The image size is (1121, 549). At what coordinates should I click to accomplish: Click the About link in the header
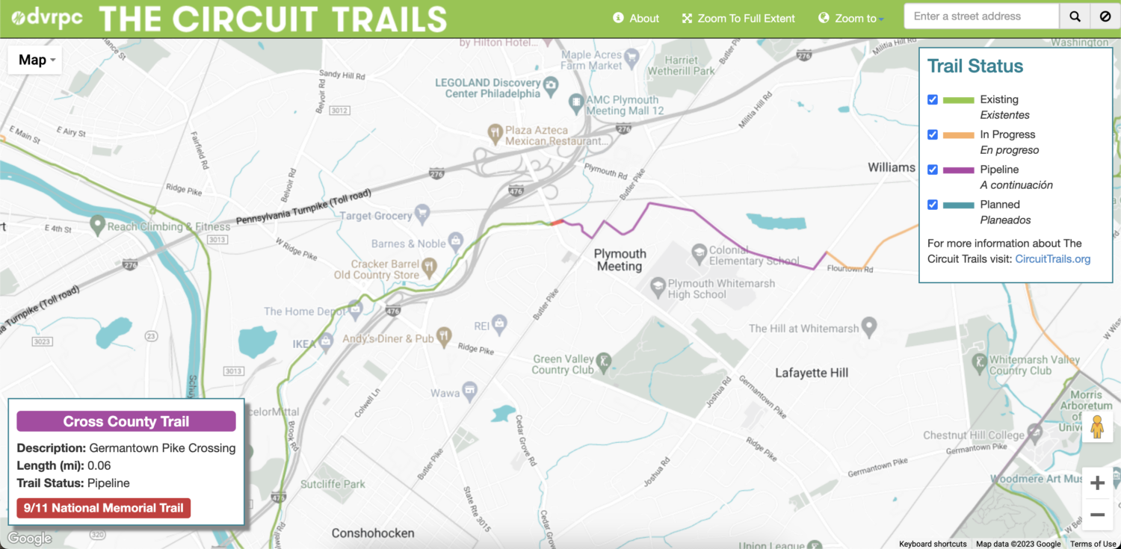click(636, 18)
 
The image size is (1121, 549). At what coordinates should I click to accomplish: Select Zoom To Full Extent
click(738, 18)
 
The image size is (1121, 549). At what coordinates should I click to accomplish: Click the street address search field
click(981, 16)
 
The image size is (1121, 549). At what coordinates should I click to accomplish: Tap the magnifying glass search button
click(1075, 16)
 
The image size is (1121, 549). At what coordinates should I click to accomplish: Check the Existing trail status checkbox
click(933, 99)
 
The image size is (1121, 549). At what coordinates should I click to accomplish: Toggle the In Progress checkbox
click(933, 134)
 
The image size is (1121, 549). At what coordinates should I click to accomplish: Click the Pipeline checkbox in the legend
click(933, 170)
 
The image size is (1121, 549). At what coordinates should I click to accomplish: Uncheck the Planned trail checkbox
click(933, 205)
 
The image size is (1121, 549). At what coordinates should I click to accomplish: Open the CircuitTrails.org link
click(1052, 259)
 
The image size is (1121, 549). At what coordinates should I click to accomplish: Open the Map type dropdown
click(34, 60)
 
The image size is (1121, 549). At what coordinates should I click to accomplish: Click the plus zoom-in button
click(1097, 483)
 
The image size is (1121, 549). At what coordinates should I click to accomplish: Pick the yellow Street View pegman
click(1097, 427)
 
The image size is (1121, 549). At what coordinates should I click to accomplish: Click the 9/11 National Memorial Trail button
click(104, 508)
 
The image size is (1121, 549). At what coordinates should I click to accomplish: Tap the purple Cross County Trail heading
click(126, 421)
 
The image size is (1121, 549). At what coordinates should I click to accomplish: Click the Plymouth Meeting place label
click(619, 260)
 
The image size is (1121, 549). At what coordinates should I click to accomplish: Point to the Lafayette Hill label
click(812, 373)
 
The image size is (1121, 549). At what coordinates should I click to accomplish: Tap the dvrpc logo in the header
click(47, 18)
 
